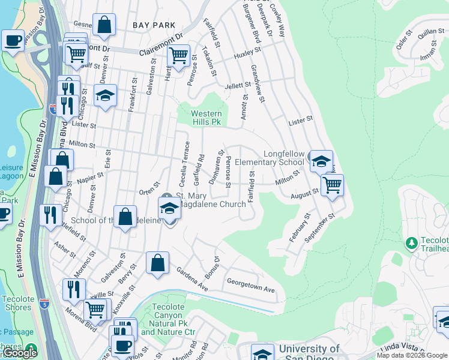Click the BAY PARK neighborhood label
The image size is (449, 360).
pyautogui.click(x=154, y=25)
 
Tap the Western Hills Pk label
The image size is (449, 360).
pyautogui.click(x=206, y=118)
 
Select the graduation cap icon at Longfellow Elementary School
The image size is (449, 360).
pyautogui.click(x=321, y=160)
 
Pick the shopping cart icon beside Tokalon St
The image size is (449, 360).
pyautogui.click(x=178, y=55)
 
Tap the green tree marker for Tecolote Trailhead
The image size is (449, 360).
pyautogui.click(x=412, y=243)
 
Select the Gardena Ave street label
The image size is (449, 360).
pyautogui.click(x=191, y=279)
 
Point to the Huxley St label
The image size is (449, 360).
pyautogui.click(x=244, y=56)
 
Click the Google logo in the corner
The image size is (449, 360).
pyautogui.click(x=19, y=353)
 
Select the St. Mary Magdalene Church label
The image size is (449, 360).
pyautogui.click(x=210, y=200)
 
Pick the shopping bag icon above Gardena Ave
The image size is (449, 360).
pyautogui.click(x=157, y=263)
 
